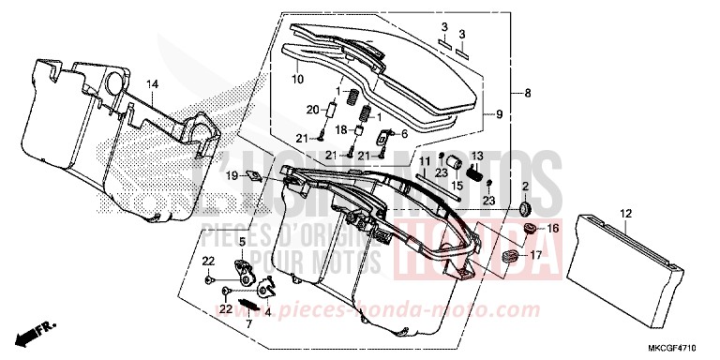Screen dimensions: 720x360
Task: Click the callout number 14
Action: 152,84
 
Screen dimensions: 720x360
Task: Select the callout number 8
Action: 529,93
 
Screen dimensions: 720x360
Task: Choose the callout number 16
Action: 552,227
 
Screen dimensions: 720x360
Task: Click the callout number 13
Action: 476,156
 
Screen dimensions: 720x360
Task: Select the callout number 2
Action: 525,187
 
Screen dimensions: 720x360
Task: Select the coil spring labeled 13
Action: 474,173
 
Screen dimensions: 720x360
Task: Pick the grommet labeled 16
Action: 530,228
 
